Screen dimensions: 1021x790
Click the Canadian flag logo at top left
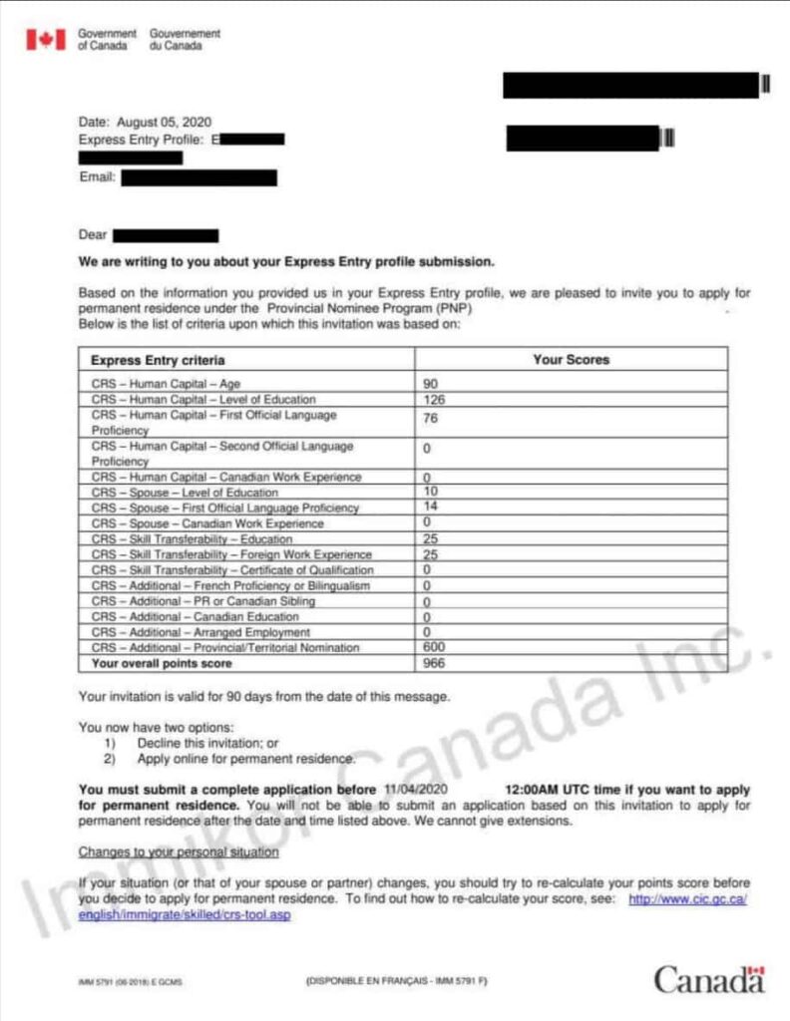tap(44, 39)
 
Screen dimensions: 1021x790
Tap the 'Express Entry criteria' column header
tap(158, 360)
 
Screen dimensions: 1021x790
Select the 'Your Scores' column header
tap(571, 360)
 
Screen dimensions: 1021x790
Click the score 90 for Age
tap(431, 384)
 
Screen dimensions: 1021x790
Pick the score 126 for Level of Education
tap(434, 400)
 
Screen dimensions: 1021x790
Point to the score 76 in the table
tap(431, 418)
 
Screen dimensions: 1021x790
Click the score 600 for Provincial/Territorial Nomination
tap(435, 648)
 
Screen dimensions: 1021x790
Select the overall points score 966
tap(435, 663)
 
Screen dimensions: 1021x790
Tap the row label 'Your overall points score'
tap(162, 663)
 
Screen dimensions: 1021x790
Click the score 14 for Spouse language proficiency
tap(430, 508)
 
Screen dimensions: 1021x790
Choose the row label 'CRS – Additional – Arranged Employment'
tap(200, 632)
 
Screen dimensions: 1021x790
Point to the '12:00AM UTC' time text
tap(550, 790)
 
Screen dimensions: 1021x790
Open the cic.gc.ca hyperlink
tap(687, 899)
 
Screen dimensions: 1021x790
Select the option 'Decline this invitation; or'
tap(208, 744)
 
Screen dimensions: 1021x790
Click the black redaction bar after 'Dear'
tap(166, 236)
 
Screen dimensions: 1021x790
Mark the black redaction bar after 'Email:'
tap(197, 178)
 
